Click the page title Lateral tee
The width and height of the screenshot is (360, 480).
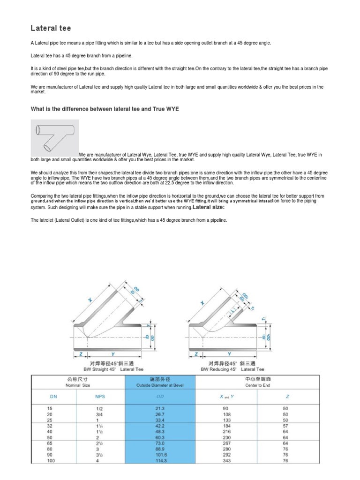pos(51,28)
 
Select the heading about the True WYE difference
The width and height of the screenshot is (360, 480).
pos(105,109)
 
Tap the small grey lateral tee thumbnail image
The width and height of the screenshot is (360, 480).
pos(54,138)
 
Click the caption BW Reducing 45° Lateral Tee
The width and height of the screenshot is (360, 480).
pos(233,369)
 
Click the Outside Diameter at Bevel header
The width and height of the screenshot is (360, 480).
pos(160,386)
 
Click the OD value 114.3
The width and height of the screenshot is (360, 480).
pos(161,461)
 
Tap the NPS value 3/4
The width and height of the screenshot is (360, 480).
pos(98,414)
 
